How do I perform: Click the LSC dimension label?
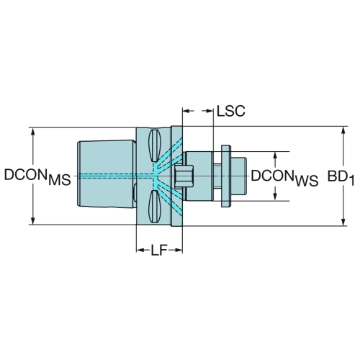[231, 111]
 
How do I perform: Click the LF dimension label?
[159, 250]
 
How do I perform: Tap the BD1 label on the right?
[341, 178]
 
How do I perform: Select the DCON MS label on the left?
[37, 177]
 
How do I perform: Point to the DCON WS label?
[284, 178]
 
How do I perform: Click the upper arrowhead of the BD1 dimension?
[343, 130]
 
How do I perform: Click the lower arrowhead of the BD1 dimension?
[343, 222]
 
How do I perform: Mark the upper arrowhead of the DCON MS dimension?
[33, 132]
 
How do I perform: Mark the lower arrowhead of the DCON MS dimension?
[33, 221]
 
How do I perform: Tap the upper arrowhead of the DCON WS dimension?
[275, 156]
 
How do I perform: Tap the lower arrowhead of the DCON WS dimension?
[275, 197]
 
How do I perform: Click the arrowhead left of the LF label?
[140, 250]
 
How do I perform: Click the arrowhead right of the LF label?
[179, 250]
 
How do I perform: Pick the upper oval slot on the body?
[154, 145]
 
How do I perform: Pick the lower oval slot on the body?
[154, 207]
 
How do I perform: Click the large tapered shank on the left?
[106, 174]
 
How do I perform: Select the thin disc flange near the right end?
[226, 176]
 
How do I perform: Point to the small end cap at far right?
[238, 176]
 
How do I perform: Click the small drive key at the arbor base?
[184, 176]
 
